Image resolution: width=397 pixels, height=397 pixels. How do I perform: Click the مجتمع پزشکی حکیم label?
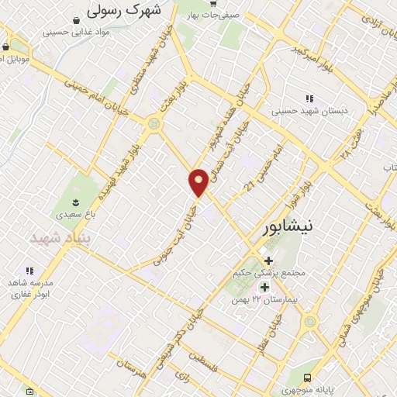click(268, 274)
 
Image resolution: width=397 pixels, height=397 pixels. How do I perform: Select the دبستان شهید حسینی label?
click(309, 111)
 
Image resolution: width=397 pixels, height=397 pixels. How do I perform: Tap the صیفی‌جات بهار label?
click(214, 15)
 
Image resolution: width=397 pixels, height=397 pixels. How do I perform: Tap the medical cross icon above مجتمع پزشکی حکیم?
click(268, 261)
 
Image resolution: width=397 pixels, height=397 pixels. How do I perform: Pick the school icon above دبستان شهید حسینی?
click(309, 98)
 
